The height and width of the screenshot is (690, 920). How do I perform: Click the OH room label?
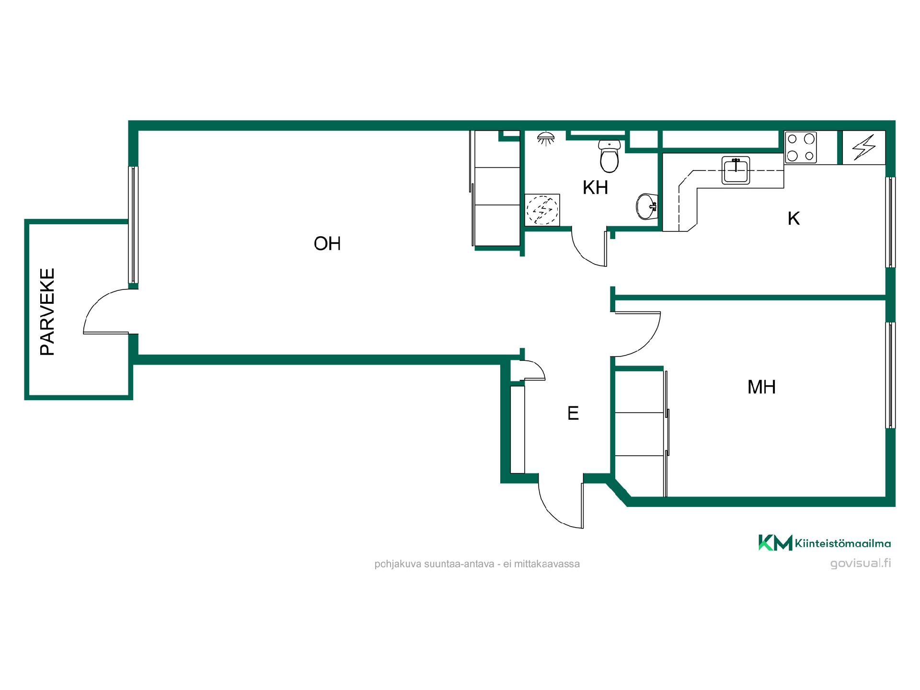click(327, 244)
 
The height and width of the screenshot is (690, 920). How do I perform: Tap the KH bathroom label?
click(596, 188)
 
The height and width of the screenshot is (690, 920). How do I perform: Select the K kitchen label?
click(794, 218)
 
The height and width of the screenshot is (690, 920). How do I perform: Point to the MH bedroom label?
click(761, 387)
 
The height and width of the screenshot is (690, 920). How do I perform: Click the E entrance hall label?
click(573, 413)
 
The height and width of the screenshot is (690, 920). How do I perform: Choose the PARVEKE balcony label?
click(47, 312)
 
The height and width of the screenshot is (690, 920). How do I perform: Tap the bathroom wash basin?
click(646, 207)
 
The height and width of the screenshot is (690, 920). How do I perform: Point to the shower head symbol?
click(546, 138)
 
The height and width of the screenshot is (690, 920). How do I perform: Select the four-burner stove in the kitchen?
click(801, 148)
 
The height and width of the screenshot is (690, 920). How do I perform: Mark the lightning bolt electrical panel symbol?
click(864, 147)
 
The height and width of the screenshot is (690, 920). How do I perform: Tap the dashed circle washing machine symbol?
click(542, 210)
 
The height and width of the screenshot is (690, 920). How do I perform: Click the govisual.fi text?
click(861, 563)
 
